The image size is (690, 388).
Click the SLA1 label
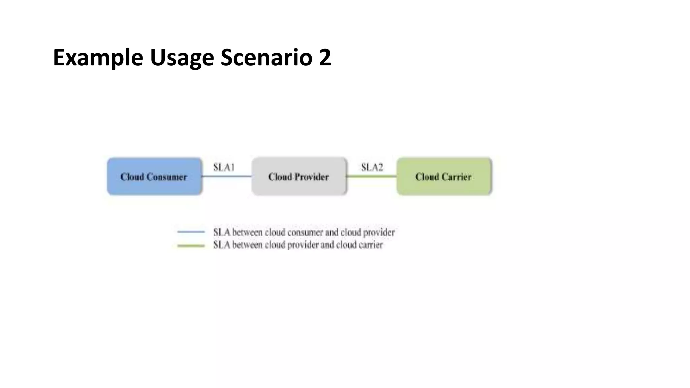point(224,167)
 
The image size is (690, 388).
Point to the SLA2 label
point(372,167)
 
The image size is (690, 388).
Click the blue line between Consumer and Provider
point(227,176)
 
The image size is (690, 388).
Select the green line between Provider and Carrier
point(372,176)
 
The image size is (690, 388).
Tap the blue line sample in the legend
point(191,232)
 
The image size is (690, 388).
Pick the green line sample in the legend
point(191,246)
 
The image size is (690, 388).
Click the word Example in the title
point(98,58)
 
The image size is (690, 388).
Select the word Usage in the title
point(182,58)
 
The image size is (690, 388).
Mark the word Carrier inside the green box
point(457,177)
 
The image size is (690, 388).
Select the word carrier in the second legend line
point(370,245)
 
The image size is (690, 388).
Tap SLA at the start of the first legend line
point(222,232)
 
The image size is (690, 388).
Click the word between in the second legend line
point(247,245)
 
